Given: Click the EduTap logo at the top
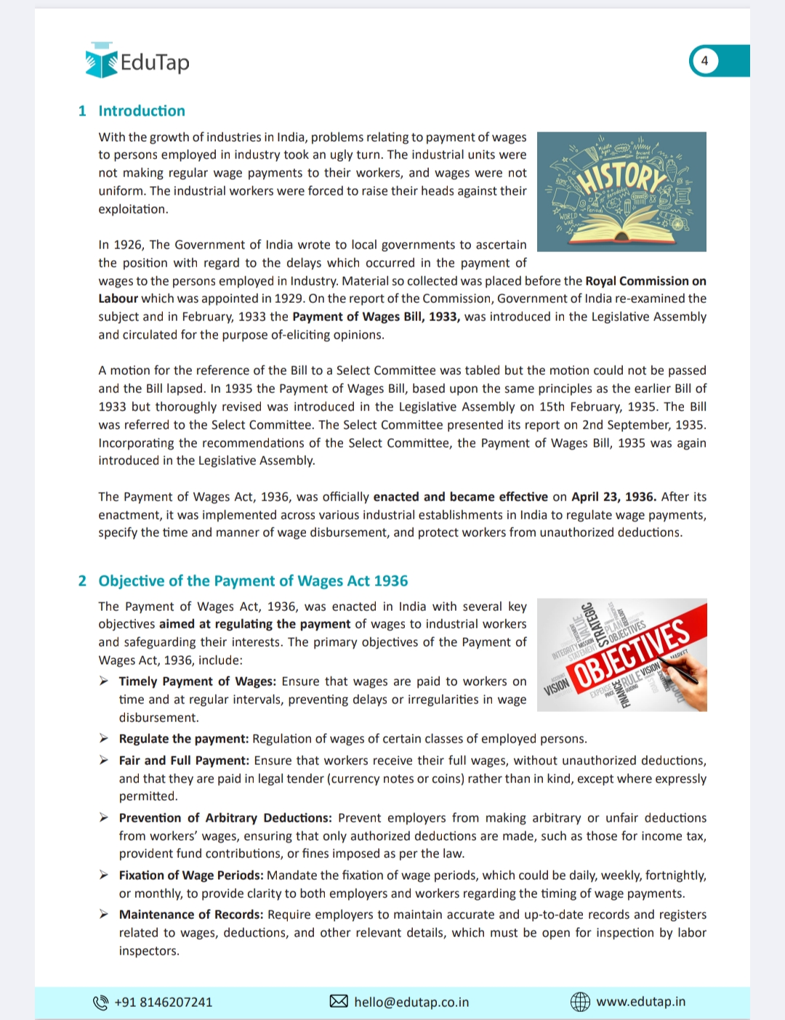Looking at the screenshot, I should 137,61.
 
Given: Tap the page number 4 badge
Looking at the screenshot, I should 704,61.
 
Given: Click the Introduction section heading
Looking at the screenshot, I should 142,111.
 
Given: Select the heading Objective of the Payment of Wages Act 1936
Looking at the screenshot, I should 253,581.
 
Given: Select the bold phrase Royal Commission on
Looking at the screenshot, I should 645,281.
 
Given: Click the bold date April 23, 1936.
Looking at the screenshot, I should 613,497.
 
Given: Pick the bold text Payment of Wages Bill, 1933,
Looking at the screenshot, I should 376,317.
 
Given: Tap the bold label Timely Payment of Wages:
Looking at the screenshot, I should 197,681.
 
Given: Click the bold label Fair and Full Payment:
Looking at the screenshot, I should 184,761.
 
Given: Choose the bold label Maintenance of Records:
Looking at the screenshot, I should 191,915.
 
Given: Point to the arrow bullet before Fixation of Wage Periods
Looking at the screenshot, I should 104,875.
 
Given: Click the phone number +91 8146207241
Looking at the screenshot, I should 164,1003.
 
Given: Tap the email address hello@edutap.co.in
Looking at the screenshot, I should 411,1003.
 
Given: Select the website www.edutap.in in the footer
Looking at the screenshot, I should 640,1002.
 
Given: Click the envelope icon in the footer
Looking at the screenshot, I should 339,1002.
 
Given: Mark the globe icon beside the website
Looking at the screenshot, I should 580,1002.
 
